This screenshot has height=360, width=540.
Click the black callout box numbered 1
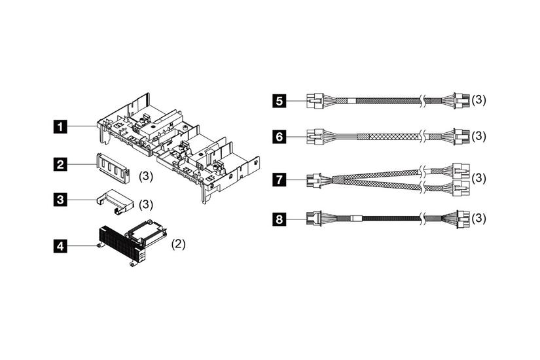[x=60, y=127]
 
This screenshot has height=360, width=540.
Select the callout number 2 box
[x=60, y=164]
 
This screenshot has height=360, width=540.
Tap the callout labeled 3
[x=60, y=200]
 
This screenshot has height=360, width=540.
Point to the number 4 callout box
[x=60, y=246]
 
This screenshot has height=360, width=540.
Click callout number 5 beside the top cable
[x=279, y=101]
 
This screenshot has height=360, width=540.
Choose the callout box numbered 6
[x=279, y=136]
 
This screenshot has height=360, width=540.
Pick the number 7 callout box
[x=279, y=179]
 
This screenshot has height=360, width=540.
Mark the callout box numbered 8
[x=279, y=219]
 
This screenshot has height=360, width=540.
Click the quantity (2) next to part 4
[x=179, y=244]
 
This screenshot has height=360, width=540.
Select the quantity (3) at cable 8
[x=479, y=219]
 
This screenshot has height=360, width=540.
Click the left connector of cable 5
[x=315, y=100]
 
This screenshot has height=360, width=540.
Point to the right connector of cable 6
[x=461, y=136]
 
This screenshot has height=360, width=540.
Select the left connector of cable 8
[x=314, y=219]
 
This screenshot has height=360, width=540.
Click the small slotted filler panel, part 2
[x=113, y=168]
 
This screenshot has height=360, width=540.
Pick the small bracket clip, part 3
[x=115, y=202]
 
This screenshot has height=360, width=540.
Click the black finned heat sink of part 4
[x=121, y=243]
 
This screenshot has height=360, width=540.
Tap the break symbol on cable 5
[x=423, y=101]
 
